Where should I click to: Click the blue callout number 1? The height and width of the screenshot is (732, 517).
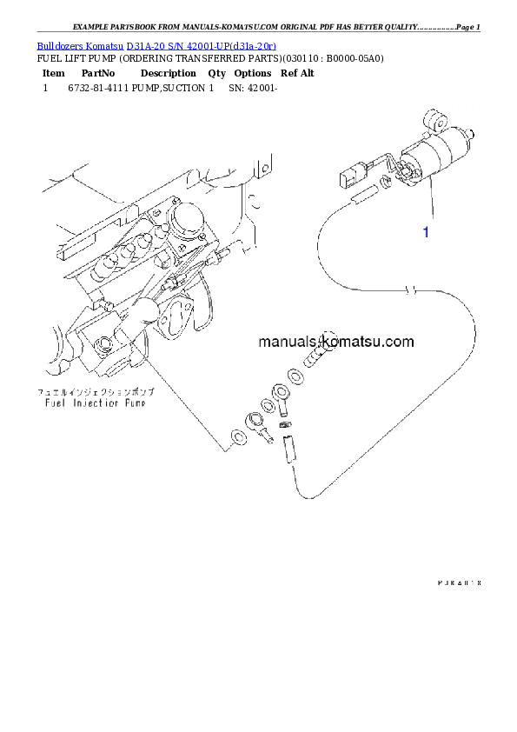pyautogui.click(x=426, y=232)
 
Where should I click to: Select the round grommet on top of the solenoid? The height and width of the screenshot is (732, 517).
pyautogui.click(x=431, y=119)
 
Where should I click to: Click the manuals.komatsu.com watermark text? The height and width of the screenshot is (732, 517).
pyautogui.click(x=335, y=342)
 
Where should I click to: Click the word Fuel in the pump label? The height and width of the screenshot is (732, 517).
pyautogui.click(x=57, y=403)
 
